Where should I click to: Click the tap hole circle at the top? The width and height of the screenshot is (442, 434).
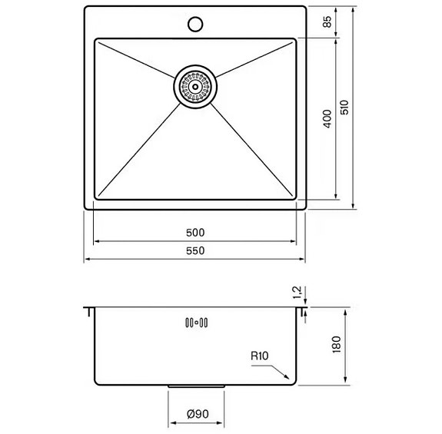point(195,24)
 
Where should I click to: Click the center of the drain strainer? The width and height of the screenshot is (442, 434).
point(196,87)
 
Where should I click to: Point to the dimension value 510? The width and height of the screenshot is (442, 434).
point(345,108)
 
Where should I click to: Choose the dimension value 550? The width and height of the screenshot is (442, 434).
point(195,251)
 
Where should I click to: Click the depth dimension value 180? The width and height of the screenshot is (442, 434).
point(335,346)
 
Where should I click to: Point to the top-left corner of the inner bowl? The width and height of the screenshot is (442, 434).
point(95,40)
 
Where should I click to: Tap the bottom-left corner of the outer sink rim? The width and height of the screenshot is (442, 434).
point(85,208)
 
